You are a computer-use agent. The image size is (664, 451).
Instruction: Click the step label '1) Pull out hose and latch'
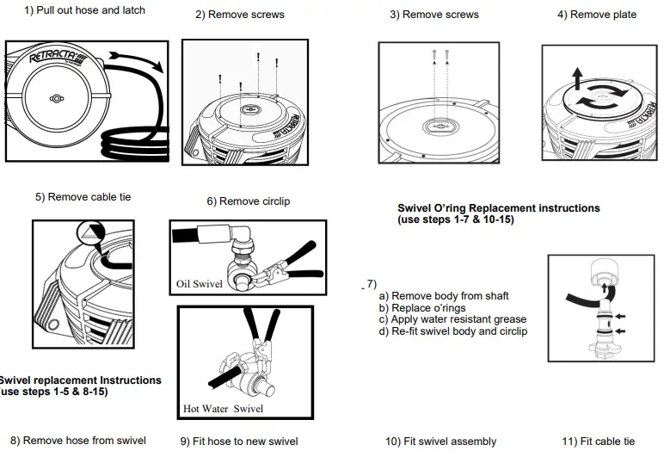84,10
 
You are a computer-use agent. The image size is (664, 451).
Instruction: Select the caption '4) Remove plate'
596,15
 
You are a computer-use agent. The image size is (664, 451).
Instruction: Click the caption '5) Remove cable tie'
83,197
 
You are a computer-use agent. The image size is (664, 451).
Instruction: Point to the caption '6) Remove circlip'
248,201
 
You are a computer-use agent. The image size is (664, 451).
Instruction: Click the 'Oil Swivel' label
200,283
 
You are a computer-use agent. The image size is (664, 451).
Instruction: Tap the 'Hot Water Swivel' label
223,408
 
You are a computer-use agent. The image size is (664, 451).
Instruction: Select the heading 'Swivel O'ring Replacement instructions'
498,208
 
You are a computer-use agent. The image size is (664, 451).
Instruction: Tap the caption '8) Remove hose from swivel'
77,441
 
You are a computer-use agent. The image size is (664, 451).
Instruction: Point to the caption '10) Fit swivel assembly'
440,442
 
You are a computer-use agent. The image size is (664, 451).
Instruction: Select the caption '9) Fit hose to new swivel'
238,442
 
